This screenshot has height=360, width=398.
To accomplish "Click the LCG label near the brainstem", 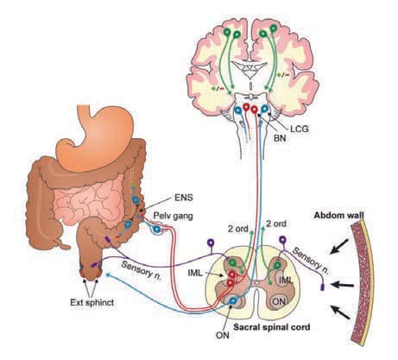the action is click(x=300, y=129).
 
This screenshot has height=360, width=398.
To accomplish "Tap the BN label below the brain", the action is click(x=280, y=138).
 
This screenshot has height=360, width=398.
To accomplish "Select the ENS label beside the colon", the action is click(x=184, y=198).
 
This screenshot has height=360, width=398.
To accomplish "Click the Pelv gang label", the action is click(x=173, y=216).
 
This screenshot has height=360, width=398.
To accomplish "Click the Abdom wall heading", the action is click(x=338, y=215).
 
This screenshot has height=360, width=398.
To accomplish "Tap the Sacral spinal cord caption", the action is click(x=271, y=327).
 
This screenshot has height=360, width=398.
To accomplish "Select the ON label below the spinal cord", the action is click(x=223, y=335).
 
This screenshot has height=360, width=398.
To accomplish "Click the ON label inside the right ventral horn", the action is click(x=279, y=301).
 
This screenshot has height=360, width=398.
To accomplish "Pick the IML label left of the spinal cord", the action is click(x=195, y=273).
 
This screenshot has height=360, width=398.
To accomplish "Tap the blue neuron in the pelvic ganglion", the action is click(x=157, y=230).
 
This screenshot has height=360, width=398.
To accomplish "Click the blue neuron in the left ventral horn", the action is click(x=233, y=300).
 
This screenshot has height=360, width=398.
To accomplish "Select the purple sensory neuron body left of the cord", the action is click(x=212, y=243).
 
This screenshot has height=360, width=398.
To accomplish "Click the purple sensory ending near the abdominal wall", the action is click(x=323, y=287).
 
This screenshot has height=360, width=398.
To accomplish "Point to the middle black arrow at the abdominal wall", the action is click(x=343, y=285).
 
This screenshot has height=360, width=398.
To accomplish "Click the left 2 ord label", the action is click(x=238, y=229).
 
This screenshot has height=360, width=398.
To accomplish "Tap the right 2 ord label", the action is click(x=276, y=224).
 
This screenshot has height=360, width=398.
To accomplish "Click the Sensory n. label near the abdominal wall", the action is click(x=310, y=261).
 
